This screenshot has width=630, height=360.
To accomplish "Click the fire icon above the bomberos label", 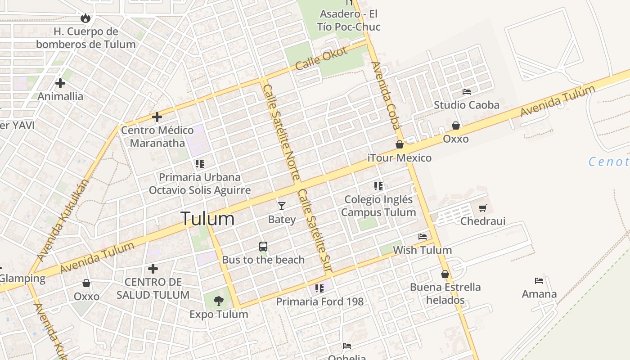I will click(85, 18).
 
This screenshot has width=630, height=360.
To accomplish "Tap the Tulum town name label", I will click(207, 219).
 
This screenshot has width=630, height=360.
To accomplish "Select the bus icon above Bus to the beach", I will click(263, 247).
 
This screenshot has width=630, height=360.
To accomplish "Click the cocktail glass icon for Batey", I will click(282, 206).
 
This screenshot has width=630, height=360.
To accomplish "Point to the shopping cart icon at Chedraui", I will click(483, 208).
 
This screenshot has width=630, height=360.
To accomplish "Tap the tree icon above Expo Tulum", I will click(219, 301).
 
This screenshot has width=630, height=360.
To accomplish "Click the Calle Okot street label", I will click(322, 58).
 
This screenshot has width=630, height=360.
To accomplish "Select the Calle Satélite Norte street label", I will click(282, 132).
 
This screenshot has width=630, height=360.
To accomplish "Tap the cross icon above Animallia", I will click(60, 83).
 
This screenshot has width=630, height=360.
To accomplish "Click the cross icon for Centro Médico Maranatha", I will click(157, 117).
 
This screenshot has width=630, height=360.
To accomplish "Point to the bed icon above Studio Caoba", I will click(467, 92).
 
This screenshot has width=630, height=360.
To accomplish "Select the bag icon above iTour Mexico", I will click(400, 144).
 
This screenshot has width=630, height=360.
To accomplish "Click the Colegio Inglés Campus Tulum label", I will click(378, 206).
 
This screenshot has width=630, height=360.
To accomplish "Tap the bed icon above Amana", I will click(539, 281).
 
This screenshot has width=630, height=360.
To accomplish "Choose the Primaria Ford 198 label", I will click(319, 301).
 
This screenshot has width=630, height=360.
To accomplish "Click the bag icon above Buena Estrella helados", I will click(445, 274).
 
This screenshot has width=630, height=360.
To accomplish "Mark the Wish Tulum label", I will click(422, 250).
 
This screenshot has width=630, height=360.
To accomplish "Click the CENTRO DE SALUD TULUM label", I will click(153, 288).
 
